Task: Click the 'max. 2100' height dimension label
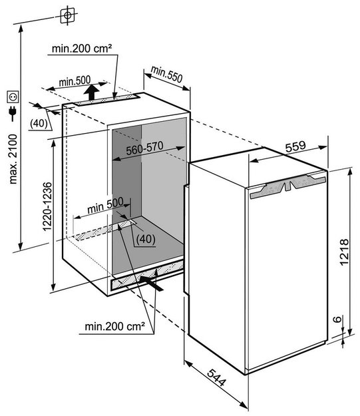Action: (x=13, y=159)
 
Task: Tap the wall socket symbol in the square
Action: (x=13, y=97)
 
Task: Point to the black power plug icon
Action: (x=12, y=114)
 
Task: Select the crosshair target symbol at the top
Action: (x=67, y=15)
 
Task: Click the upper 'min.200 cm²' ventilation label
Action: (x=82, y=49)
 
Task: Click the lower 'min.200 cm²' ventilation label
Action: (x=115, y=326)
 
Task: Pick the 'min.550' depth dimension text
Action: (x=167, y=74)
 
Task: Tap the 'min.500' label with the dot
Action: (x=75, y=81)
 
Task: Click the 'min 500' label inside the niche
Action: (x=105, y=206)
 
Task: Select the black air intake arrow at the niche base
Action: (x=150, y=283)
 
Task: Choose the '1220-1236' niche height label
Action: (x=47, y=207)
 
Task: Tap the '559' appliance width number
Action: (x=295, y=146)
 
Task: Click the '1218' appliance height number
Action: (x=344, y=252)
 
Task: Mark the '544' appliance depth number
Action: (x=216, y=377)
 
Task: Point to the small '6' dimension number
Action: (x=337, y=319)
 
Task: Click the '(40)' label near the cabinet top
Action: (x=39, y=124)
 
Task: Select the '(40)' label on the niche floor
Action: (x=145, y=240)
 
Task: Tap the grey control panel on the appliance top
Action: (x=288, y=186)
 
